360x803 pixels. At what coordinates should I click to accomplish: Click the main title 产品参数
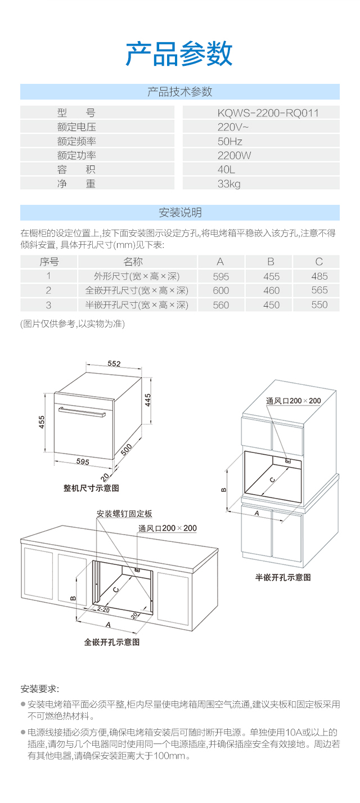coord(179,54)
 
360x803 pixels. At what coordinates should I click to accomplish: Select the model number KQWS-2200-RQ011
coord(268,113)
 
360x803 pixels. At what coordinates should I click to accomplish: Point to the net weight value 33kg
coord(229,184)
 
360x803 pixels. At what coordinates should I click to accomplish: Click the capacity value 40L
coord(226,169)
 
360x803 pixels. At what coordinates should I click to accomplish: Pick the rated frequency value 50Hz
coord(230,141)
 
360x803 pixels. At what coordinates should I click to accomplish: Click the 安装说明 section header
coord(180,213)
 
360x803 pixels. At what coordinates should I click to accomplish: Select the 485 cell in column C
coord(319,276)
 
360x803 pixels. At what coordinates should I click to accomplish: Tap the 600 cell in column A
coord(220,290)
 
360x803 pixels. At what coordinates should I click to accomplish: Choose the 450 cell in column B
coord(271,304)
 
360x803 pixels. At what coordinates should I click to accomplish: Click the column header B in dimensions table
coord(271,262)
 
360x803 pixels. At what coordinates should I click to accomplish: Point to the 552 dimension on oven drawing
coord(114,364)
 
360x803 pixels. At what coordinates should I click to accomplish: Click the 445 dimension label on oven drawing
coord(147,400)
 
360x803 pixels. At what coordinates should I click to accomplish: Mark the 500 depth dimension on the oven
coord(126,450)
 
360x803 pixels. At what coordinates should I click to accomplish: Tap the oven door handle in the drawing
coord(82,412)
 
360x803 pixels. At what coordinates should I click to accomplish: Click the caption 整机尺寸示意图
coord(91,488)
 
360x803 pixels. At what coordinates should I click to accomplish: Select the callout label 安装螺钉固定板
coord(124,514)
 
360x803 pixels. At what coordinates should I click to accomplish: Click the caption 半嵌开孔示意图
coord(283,577)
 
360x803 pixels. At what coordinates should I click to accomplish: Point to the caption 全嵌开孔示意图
coord(112,642)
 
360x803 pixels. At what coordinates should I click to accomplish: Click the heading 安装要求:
coord(40,689)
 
